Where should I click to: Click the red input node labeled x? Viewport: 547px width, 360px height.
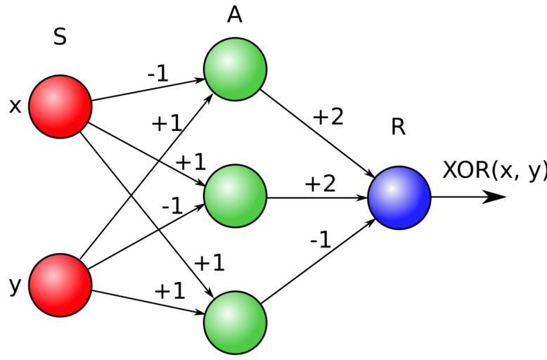(60, 106)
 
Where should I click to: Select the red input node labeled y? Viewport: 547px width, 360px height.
(60, 285)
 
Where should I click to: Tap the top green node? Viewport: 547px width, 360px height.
(235, 69)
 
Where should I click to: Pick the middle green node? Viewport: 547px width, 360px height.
(235, 195)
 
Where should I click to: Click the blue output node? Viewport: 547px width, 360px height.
(399, 198)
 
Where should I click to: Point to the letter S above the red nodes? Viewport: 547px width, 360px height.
(60, 37)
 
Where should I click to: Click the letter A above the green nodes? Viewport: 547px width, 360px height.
(235, 15)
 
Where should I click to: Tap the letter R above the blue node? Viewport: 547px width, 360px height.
(398, 127)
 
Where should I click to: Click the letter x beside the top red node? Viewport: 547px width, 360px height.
(15, 106)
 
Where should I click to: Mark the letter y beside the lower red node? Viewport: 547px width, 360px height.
(15, 285)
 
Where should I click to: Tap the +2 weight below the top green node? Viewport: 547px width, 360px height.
(328, 117)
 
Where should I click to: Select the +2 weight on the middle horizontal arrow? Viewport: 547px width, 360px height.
(320, 184)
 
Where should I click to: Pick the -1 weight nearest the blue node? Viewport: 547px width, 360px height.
(320, 240)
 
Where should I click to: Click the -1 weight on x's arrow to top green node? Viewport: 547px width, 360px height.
(157, 73)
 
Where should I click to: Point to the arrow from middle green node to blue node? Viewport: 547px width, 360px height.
(316, 198)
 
